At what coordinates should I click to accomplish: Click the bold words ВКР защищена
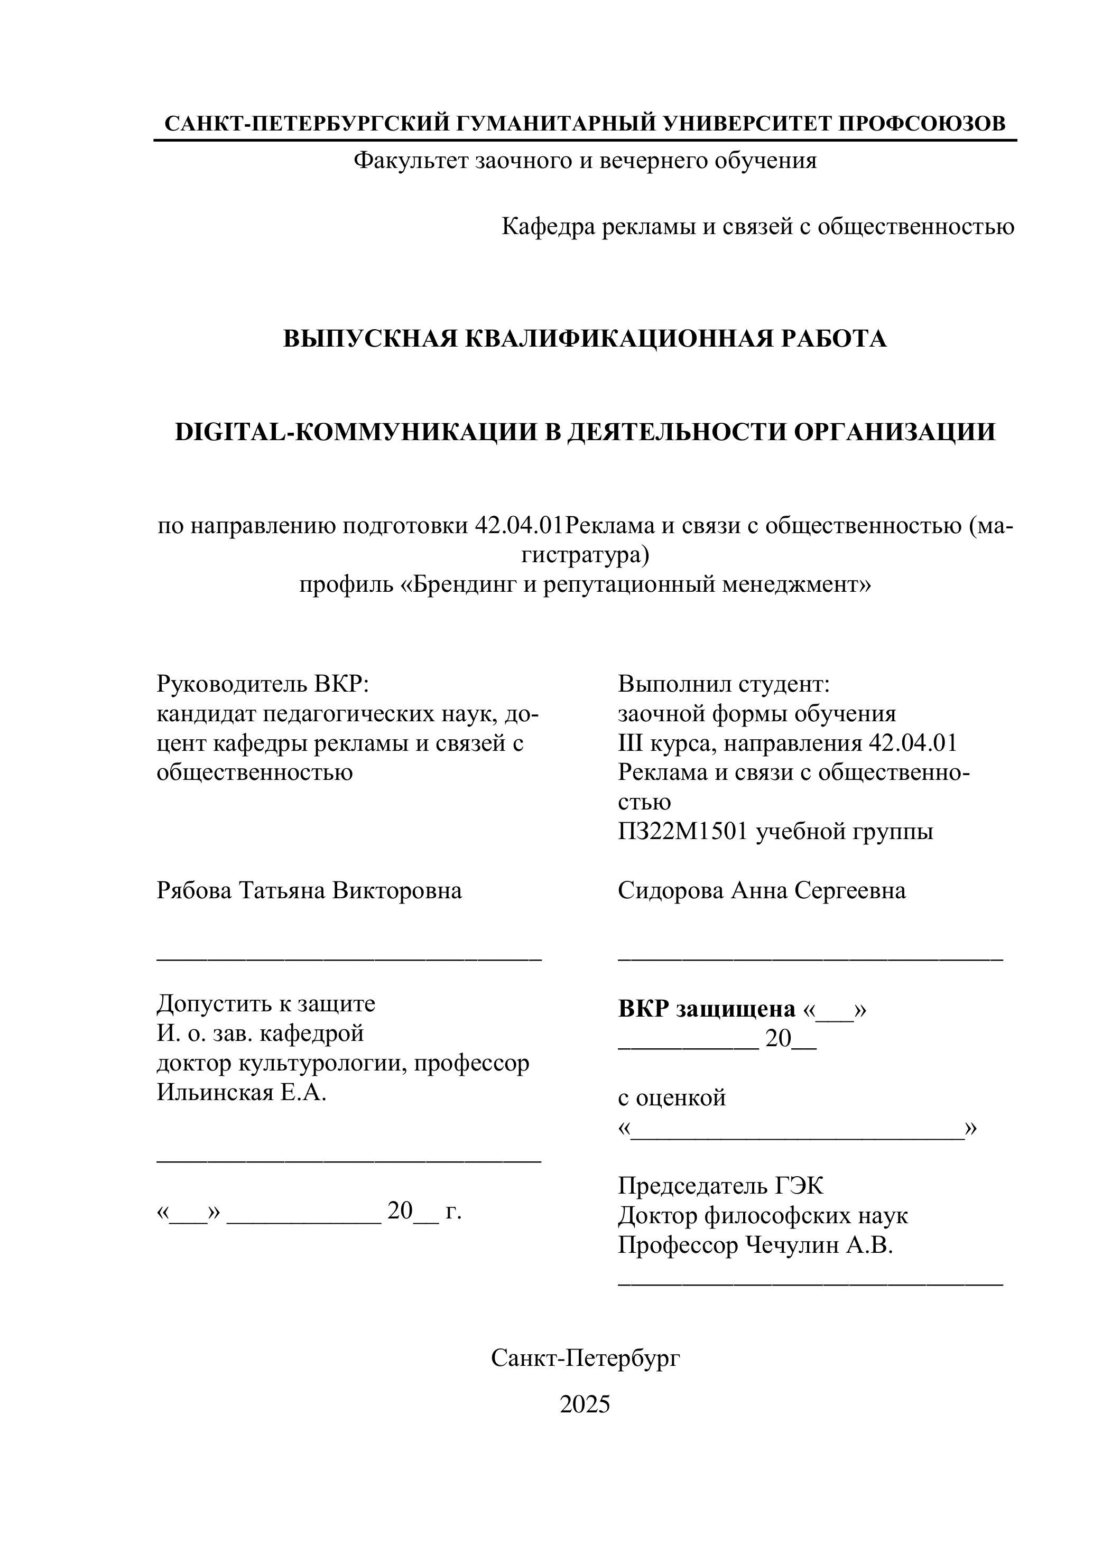coord(707,1009)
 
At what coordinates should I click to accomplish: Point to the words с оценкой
coord(672,1098)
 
